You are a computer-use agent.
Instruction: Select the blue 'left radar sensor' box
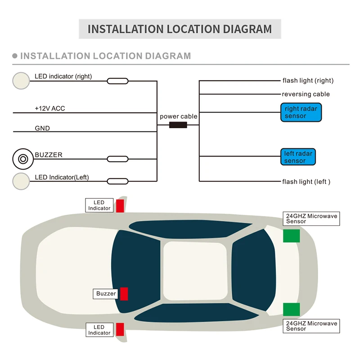click(297, 157)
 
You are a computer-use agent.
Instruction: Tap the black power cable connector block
click(178, 125)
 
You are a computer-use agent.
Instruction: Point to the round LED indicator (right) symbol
click(21, 80)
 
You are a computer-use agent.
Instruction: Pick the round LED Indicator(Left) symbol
click(21, 180)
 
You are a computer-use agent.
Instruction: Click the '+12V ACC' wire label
click(50, 108)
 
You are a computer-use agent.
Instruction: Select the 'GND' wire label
click(42, 128)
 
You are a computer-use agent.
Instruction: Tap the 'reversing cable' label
click(306, 94)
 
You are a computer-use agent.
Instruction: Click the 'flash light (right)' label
click(308, 81)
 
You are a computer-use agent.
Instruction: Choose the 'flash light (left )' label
click(306, 181)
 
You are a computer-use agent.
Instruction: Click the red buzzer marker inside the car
click(124, 294)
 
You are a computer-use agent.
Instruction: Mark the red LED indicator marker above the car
click(120, 206)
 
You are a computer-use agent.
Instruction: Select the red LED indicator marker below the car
click(120, 329)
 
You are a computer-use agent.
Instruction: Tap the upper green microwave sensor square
click(291, 235)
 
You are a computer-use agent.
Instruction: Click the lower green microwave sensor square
click(291, 310)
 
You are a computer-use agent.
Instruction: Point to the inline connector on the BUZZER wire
click(117, 159)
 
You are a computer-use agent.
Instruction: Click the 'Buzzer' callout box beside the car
click(106, 294)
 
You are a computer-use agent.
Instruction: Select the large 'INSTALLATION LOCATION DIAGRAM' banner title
click(180, 29)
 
